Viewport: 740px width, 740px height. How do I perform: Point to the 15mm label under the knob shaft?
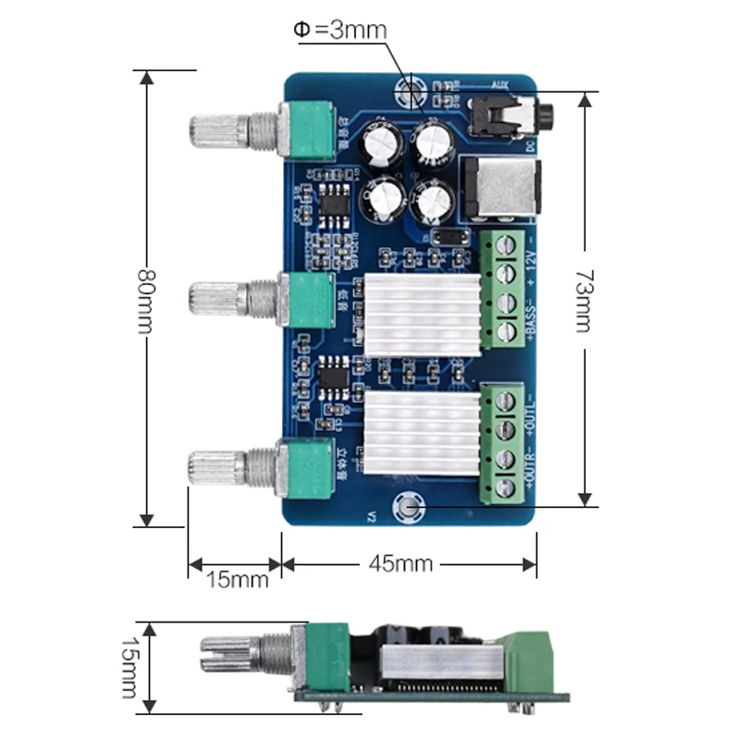coord(237,580)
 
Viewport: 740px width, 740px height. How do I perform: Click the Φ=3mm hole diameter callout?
coord(339,30)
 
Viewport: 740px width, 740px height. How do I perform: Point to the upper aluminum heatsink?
coord(420,314)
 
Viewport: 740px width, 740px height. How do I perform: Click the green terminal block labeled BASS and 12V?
coord(506,289)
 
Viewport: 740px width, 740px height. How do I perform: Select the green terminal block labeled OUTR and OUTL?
coord(506,444)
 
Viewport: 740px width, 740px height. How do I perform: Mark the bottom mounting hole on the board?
coord(407,506)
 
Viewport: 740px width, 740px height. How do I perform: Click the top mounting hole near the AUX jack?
coord(409,92)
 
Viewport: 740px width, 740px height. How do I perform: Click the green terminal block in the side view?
coord(525,659)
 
